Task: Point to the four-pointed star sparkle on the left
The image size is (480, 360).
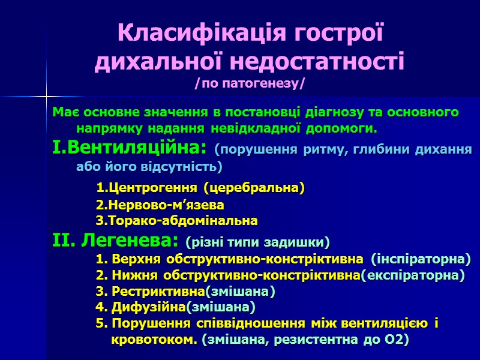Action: tap(46, 96)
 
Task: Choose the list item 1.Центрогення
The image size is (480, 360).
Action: tap(148, 188)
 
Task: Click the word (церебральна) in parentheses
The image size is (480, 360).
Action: tap(254, 188)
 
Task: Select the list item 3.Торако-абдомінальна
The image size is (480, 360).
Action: tap(177, 221)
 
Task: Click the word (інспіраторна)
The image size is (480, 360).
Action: tap(421, 259)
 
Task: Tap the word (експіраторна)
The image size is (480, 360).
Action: tap(413, 275)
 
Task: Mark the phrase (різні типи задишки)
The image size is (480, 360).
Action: tap(258, 243)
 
